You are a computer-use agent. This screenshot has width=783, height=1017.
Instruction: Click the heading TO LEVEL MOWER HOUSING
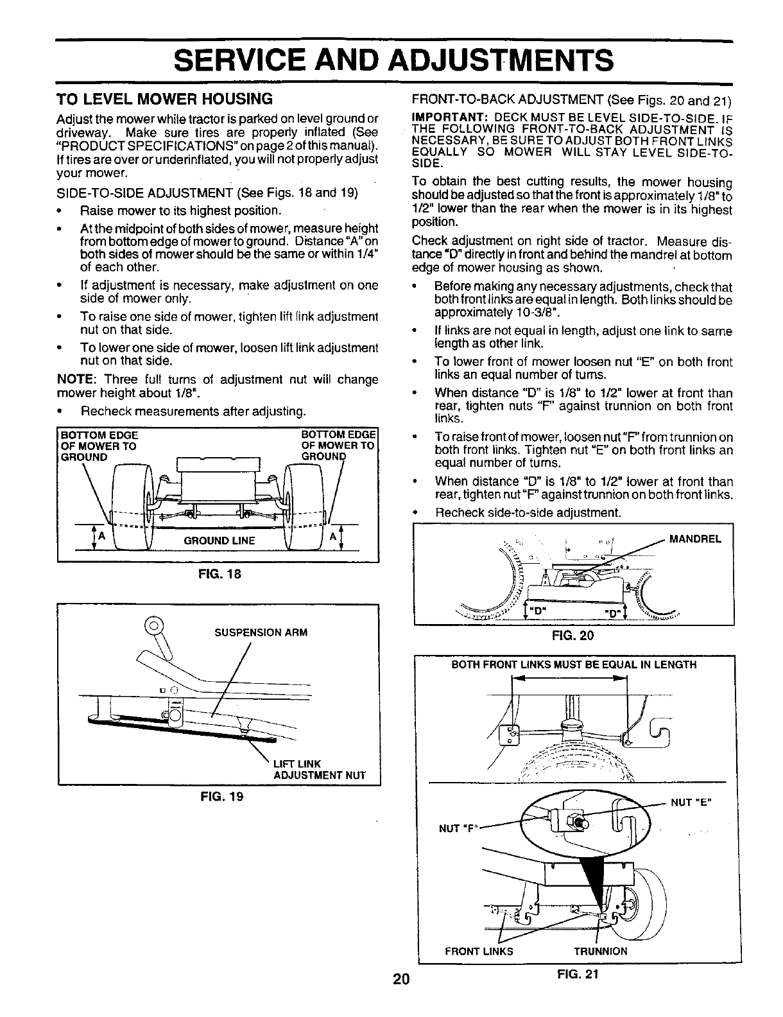click(x=165, y=100)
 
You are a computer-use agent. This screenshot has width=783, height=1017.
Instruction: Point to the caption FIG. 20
click(x=574, y=636)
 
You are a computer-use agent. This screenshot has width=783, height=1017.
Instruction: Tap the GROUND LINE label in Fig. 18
click(x=219, y=541)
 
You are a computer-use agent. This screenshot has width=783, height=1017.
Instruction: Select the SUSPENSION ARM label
click(x=261, y=632)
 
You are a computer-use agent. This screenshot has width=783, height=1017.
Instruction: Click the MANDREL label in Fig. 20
click(x=695, y=539)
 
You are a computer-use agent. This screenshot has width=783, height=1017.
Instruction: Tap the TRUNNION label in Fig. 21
click(x=600, y=951)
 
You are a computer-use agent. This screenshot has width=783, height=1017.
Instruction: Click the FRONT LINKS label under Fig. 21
click(x=479, y=951)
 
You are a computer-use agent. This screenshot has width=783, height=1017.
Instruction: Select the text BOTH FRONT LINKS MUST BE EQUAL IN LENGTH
click(x=574, y=665)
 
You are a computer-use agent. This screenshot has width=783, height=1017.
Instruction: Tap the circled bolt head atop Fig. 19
click(x=154, y=623)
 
